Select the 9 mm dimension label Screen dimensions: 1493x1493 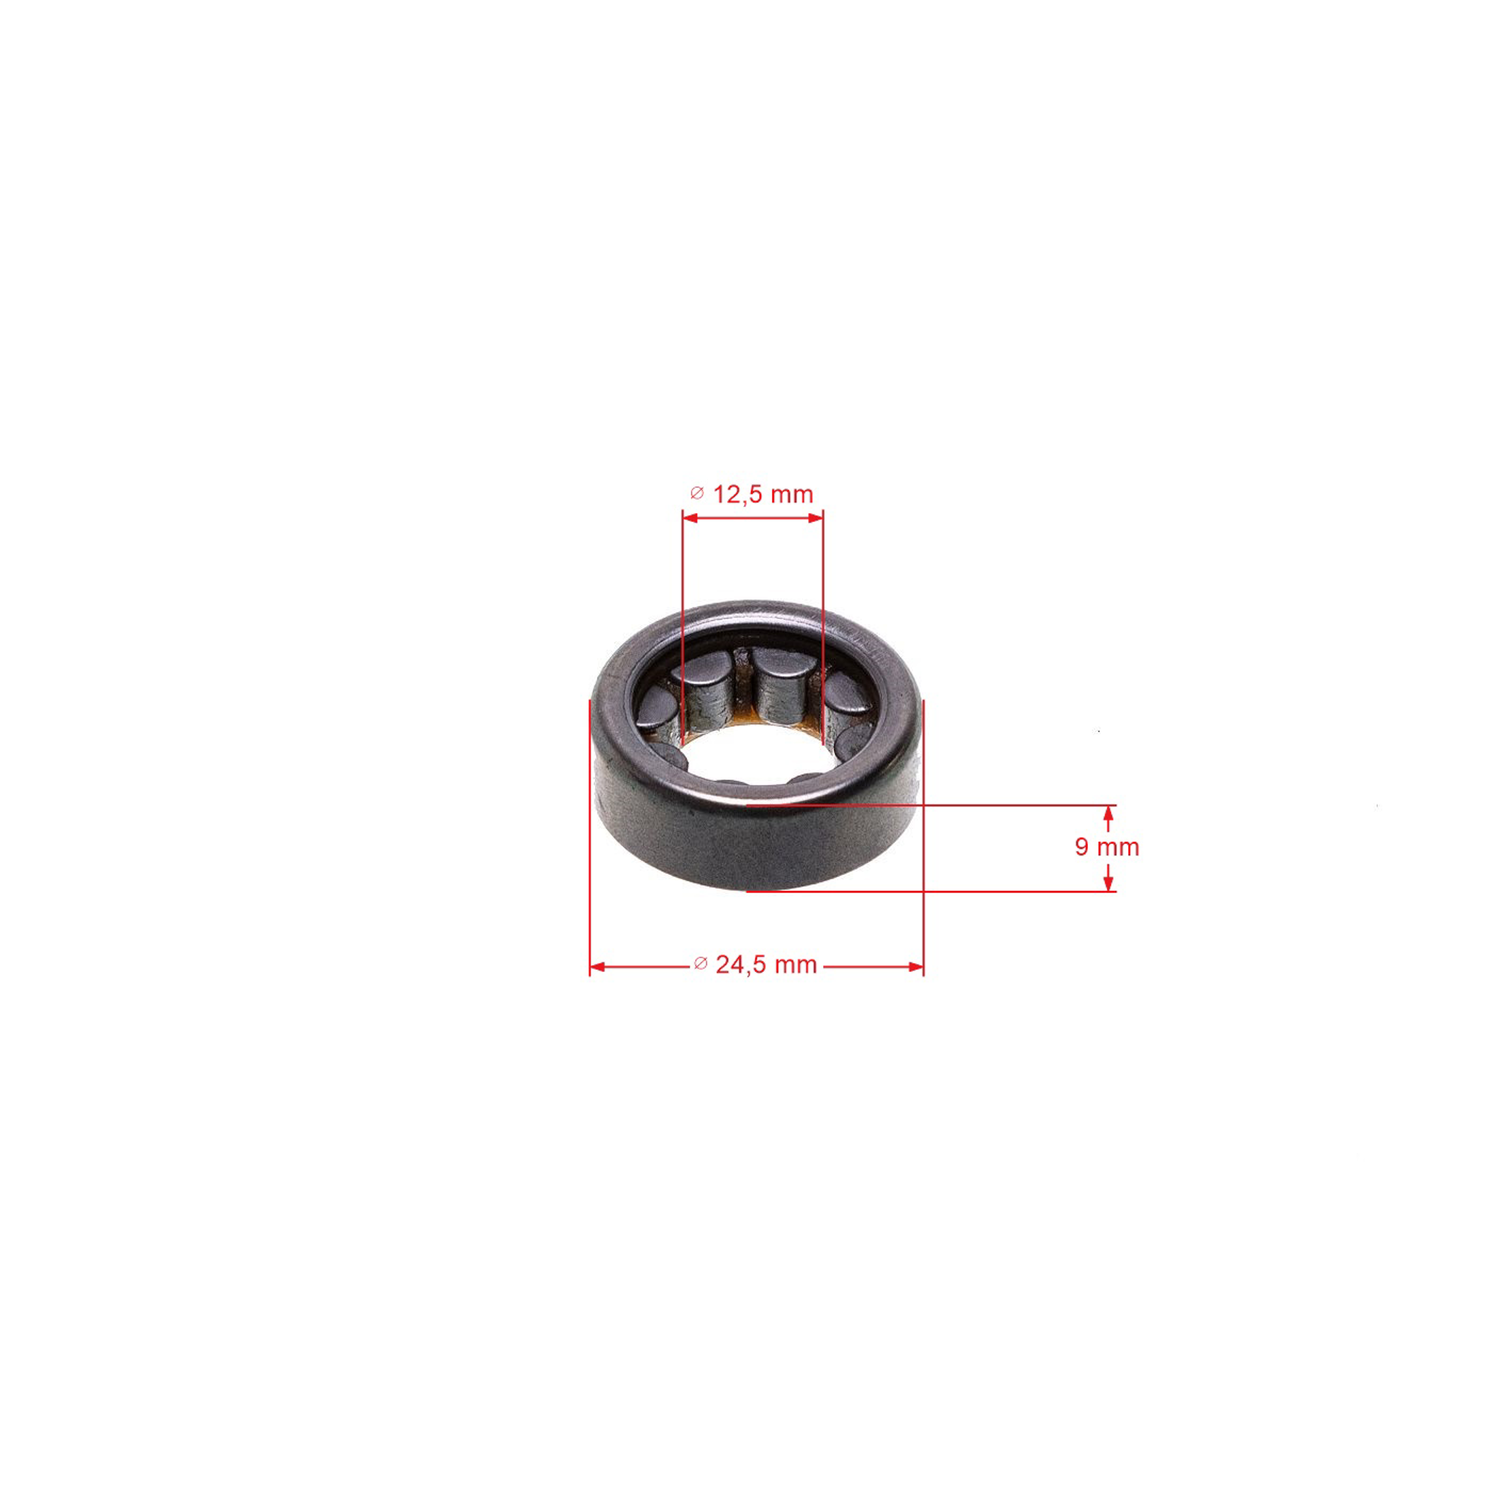1107,847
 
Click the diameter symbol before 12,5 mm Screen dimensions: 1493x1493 697,493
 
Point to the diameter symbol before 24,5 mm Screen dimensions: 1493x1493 700,963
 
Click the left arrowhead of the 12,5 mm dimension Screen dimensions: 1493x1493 691,518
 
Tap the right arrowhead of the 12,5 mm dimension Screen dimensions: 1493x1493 815,518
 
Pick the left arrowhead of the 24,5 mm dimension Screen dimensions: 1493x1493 597,967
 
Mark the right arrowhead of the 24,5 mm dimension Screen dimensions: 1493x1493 916,967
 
